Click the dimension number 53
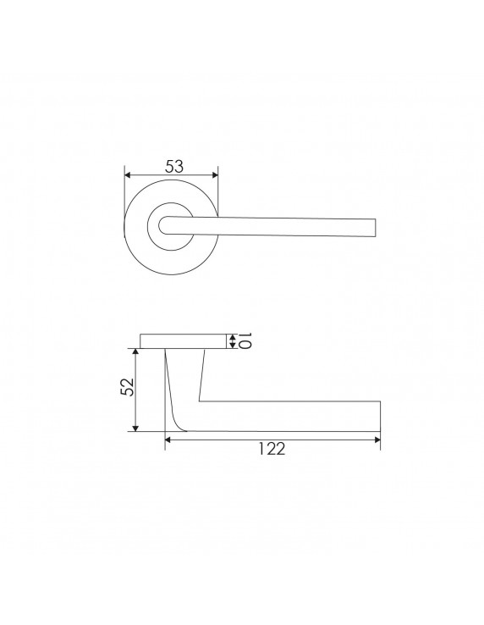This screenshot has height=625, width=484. pyautogui.click(x=174, y=167)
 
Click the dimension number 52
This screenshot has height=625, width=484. pyautogui.click(x=128, y=387)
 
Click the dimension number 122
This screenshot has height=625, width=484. pyautogui.click(x=272, y=449)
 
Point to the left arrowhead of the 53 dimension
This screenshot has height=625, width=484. pyautogui.click(x=128, y=175)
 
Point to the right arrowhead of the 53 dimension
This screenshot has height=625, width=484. pyautogui.click(x=215, y=175)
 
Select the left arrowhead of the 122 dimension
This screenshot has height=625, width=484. pyautogui.click(x=168, y=440)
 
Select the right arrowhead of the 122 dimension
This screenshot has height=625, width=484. pyautogui.click(x=377, y=440)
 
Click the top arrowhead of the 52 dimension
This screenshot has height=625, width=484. pyautogui.click(x=136, y=351)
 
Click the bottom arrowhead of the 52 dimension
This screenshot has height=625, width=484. pyautogui.click(x=136, y=428)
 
